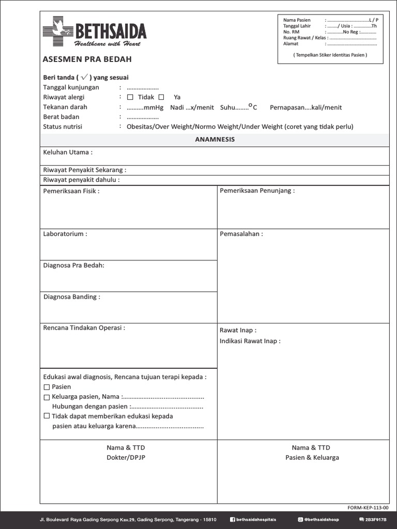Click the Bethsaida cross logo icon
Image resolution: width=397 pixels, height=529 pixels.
click(x=58, y=31)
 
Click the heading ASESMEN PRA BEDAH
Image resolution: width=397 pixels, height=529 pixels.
click(x=87, y=59)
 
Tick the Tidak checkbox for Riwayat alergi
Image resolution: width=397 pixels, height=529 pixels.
click(x=130, y=97)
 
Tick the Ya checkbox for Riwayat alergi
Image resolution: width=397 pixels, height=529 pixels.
click(x=161, y=97)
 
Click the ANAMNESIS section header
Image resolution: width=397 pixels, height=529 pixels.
click(x=215, y=139)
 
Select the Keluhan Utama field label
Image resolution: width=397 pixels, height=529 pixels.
click(x=68, y=152)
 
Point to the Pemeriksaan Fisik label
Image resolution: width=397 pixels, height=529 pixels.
click(x=71, y=191)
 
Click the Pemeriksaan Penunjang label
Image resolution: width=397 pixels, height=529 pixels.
click(x=257, y=191)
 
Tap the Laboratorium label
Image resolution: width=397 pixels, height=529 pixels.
click(x=65, y=234)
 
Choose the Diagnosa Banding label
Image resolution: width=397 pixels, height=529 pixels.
click(x=72, y=297)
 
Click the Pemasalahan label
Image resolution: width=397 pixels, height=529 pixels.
click(x=241, y=234)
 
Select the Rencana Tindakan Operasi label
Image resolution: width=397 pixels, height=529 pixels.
click(x=84, y=328)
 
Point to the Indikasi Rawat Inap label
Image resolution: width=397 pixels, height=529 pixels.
click(x=250, y=341)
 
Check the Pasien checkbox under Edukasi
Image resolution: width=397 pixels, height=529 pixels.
click(x=47, y=387)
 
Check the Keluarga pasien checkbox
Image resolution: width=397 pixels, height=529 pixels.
click(x=47, y=397)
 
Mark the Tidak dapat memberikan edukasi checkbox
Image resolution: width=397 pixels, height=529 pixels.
click(x=47, y=416)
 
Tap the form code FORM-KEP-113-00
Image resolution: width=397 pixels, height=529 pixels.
click(x=370, y=507)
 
